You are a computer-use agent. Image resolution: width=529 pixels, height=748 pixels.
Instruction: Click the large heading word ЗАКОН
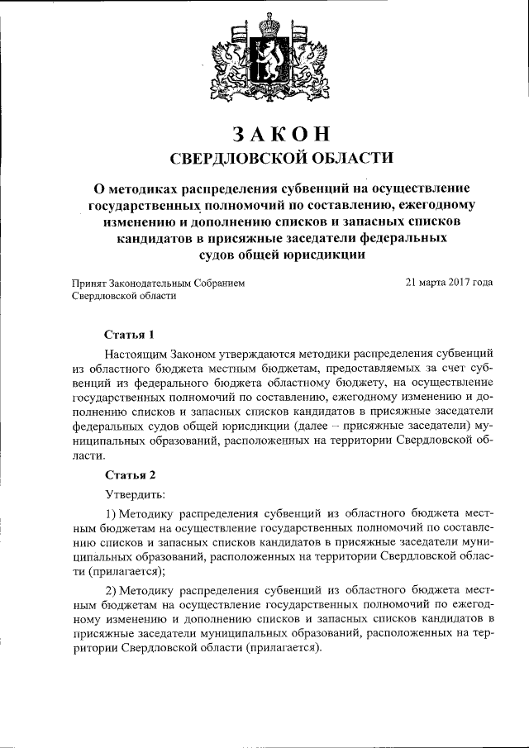click(x=264, y=132)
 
